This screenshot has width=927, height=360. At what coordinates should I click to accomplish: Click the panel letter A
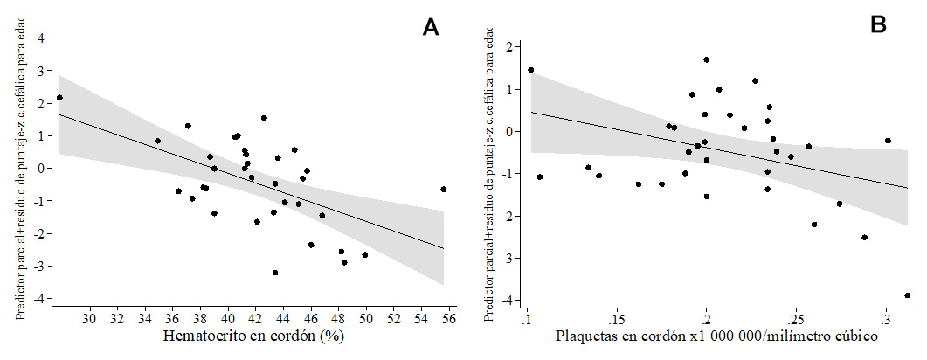430,28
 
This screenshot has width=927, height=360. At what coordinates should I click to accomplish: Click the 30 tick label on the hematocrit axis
89,320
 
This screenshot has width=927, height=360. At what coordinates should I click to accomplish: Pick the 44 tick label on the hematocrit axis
283,320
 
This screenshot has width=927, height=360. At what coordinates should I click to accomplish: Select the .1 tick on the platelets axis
527,320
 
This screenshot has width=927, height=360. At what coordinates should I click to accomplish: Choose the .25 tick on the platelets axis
796,320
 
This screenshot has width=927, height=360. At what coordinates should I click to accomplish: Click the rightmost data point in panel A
444,189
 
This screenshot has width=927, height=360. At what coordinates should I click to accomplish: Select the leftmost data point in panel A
59,98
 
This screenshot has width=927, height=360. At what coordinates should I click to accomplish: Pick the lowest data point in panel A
275,273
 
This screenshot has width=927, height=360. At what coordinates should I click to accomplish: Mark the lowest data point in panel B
908,295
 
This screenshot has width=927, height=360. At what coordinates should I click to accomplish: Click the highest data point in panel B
706,59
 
